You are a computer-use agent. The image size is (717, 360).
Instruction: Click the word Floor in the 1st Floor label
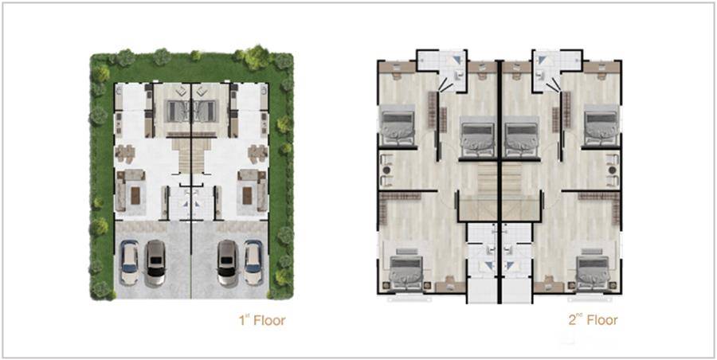pos(269,320)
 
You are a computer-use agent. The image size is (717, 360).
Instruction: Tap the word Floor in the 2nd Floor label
pos(602,319)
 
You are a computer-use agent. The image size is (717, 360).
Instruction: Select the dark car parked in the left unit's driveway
pos(155,264)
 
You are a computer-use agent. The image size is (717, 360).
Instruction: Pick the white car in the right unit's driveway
pos(253,263)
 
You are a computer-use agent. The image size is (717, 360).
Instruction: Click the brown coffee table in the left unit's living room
pos(135,196)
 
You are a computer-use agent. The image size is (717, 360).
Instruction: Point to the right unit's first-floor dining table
pos(257,153)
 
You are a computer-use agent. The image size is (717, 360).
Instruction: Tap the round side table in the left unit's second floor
pos(387,170)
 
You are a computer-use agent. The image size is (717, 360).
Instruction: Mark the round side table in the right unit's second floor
pos(612,170)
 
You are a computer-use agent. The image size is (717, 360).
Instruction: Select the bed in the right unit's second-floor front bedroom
pos(593,272)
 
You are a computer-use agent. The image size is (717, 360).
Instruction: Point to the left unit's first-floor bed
pos(178,112)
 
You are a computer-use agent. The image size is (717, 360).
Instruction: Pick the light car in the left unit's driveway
pos(129,263)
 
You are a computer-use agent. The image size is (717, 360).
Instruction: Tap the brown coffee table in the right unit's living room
pos(247,196)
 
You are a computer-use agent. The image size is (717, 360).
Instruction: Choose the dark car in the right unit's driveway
pos(227,264)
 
